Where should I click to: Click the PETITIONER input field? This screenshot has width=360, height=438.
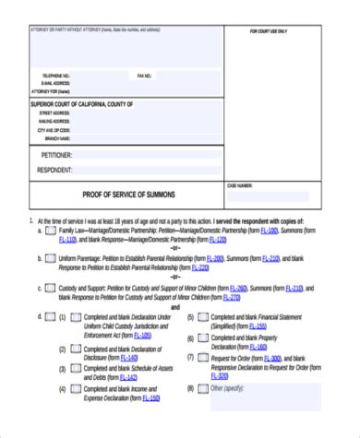click(148, 155)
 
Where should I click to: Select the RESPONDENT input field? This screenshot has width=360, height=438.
click(148, 170)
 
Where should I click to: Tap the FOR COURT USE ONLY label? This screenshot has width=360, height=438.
click(269, 31)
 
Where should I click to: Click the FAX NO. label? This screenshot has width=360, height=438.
click(143, 75)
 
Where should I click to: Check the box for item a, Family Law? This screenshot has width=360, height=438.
click(51, 231)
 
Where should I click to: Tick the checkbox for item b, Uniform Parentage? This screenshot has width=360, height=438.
click(51, 258)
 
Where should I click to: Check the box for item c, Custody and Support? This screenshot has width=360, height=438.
click(51, 288)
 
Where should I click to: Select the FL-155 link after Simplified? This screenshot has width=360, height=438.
click(258, 326)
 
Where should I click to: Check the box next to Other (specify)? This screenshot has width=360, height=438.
click(202, 390)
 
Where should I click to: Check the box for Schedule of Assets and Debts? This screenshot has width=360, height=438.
click(75, 370)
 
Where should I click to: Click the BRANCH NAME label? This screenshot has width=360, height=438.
click(54, 137)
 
